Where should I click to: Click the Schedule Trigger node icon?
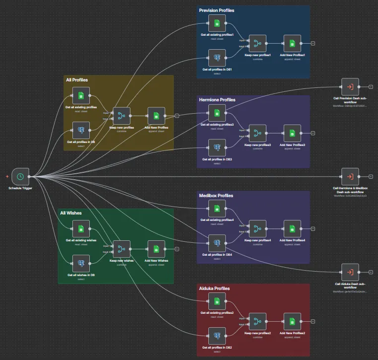pos(20,176)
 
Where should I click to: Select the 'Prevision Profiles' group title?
pos(217,10)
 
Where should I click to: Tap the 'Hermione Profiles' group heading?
pos(217,100)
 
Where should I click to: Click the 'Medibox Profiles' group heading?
pos(216,196)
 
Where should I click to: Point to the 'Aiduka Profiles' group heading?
pos(214,288)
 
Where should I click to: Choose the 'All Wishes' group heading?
pos(71,213)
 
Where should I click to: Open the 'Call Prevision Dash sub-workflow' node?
pos(350,87)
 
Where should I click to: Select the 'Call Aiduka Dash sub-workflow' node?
pos(350,272)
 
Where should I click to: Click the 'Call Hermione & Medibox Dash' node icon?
pos(350,176)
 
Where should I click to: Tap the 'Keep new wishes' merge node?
pos(122,249)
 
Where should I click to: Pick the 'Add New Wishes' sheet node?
pos(156,249)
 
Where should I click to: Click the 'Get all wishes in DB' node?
pos(81,263)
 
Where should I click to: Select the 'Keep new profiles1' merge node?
pos(257,43)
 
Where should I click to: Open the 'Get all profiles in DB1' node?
pos(217,58)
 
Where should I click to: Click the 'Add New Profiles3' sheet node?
pos(292,133)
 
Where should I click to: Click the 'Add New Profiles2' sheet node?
pos(292,321)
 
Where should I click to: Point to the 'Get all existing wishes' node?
pos(81,229)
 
